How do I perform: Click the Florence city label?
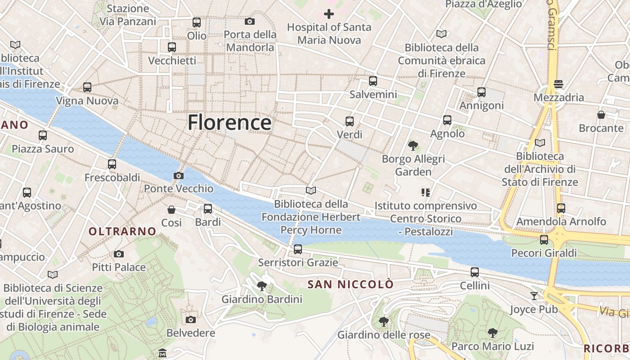click(229, 122)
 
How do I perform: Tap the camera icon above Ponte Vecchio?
click(179, 175)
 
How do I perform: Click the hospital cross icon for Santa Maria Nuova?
click(329, 14)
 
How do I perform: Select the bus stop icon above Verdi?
click(349, 121)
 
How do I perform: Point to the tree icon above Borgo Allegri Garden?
click(413, 145)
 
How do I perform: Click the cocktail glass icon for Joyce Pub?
click(534, 296)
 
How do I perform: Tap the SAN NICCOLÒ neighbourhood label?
click(350, 284)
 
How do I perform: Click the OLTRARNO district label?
click(122, 231)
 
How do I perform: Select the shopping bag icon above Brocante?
click(601, 115)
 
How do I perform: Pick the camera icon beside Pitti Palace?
click(119, 254)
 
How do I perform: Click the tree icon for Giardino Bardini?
click(261, 286)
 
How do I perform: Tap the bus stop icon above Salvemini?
click(373, 81)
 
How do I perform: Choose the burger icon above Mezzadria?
click(558, 84)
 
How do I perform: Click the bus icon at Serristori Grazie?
click(297, 249)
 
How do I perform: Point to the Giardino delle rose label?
click(383, 335)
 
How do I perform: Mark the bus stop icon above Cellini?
click(474, 272)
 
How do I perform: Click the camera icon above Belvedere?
click(191, 319)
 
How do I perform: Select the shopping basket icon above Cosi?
click(171, 209)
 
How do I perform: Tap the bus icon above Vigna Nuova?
click(87, 87)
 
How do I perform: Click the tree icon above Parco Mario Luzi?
click(492, 333)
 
